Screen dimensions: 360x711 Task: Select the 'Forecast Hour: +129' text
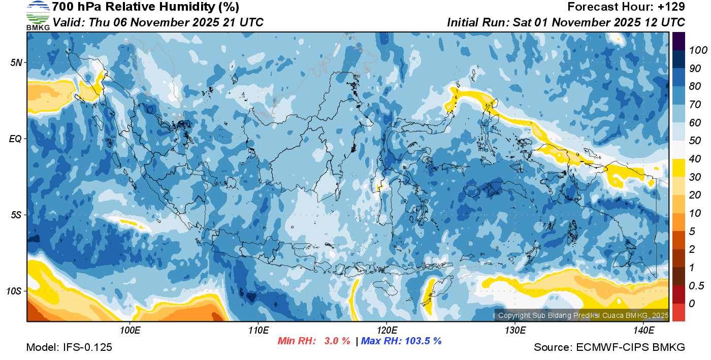click(626, 7)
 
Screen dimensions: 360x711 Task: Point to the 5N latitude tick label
click(16, 62)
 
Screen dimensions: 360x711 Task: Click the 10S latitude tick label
click(14, 291)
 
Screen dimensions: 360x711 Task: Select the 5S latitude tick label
click(16, 215)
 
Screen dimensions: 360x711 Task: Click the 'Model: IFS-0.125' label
click(69, 348)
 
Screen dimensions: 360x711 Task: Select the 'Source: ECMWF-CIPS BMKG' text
click(609, 348)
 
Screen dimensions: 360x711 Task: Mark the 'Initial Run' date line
click(566, 22)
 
